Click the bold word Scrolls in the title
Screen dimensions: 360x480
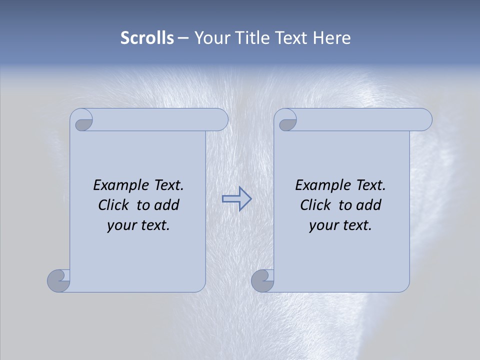point(147,38)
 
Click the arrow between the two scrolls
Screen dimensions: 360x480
point(236,199)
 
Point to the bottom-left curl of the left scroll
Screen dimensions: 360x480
point(58,280)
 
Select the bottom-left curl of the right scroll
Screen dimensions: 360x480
point(262,280)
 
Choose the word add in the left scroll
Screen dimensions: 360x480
point(167,205)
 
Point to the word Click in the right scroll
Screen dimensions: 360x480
point(315,205)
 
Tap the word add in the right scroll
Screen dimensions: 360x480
point(369,205)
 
